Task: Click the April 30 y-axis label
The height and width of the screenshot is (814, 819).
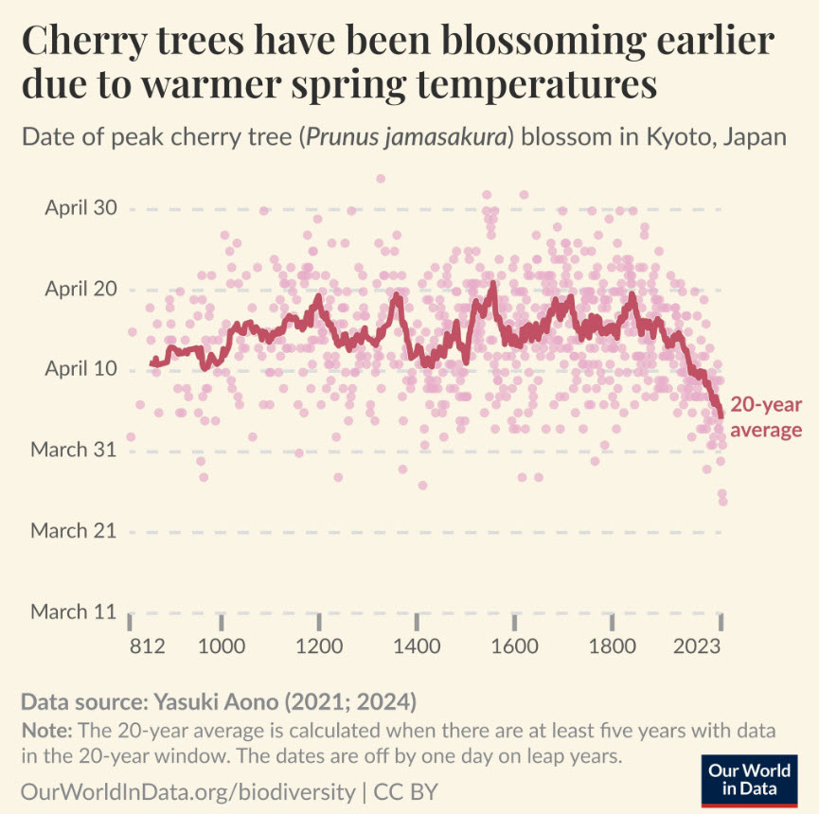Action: tap(80, 208)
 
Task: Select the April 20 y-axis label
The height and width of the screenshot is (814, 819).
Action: tap(80, 289)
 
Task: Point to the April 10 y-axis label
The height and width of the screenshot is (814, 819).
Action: tap(80, 369)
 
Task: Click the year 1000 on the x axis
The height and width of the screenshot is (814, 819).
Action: tap(222, 647)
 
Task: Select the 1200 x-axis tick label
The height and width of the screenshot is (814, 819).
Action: tap(320, 647)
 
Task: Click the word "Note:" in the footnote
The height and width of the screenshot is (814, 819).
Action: tap(45, 732)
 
